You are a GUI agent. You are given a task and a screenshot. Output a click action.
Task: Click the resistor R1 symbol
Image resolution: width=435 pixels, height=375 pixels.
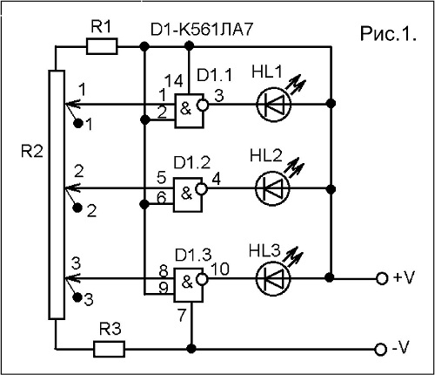pyautogui.click(x=102, y=46)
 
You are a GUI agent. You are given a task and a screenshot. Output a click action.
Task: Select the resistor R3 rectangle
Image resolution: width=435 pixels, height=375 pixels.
pyautogui.click(x=109, y=349)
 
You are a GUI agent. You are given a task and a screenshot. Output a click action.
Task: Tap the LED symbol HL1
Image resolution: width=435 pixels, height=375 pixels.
pyautogui.click(x=273, y=104)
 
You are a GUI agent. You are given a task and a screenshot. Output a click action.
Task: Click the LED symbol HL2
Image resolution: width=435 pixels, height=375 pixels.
pyautogui.click(x=272, y=188)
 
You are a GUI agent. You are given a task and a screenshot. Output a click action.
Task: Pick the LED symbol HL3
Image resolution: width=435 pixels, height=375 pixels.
pyautogui.click(x=273, y=279)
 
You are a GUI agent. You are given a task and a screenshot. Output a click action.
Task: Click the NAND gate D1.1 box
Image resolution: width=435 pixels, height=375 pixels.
pyautogui.click(x=189, y=111)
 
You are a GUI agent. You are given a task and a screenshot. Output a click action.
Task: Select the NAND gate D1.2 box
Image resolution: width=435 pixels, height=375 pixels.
pyautogui.click(x=188, y=194)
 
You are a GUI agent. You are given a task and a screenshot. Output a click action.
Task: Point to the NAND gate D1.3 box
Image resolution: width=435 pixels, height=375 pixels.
pyautogui.click(x=189, y=284)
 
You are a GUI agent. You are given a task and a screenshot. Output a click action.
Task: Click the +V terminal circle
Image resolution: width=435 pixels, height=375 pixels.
pyautogui.click(x=382, y=278)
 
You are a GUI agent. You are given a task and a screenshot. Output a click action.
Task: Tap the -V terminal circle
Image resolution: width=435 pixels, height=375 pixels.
pyautogui.click(x=381, y=349)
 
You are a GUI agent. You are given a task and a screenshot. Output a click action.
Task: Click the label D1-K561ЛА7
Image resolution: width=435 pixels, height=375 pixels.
pyautogui.click(x=202, y=30)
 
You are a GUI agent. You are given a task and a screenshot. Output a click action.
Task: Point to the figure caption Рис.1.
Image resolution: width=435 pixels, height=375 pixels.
pyautogui.click(x=388, y=33)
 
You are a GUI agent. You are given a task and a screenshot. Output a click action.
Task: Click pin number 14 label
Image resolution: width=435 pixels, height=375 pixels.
pyautogui.click(x=174, y=81)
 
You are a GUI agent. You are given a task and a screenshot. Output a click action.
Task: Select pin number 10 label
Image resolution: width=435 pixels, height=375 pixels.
pyautogui.click(x=220, y=269)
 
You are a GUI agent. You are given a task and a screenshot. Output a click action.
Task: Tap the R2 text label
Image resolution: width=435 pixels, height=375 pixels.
pyautogui.click(x=32, y=151)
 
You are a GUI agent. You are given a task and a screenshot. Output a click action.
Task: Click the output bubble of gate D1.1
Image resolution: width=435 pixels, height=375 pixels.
pyautogui.click(x=203, y=105)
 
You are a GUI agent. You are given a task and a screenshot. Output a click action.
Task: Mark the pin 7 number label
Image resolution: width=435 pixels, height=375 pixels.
pyautogui.click(x=182, y=315)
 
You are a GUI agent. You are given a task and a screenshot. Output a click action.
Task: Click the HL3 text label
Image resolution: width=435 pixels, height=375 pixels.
pyautogui.click(x=264, y=250)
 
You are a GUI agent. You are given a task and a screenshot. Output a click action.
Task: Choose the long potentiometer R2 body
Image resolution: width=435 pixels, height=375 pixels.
pyautogui.click(x=57, y=194)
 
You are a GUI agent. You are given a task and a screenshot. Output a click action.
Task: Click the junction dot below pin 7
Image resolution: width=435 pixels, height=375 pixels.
pyautogui.click(x=191, y=349)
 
